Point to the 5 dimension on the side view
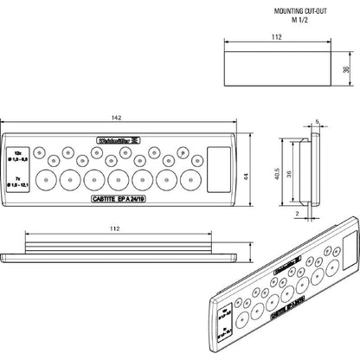tap(318, 123)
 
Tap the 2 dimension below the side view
tap(299, 210)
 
